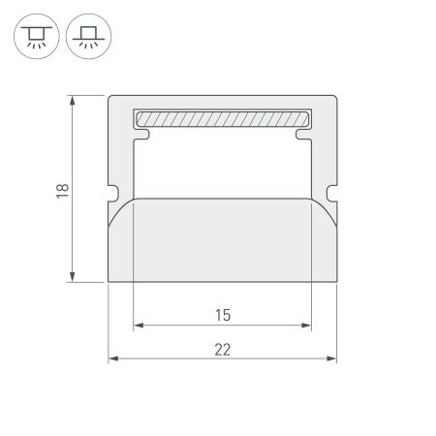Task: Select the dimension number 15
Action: (x=222, y=313)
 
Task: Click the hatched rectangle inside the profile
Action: (x=222, y=118)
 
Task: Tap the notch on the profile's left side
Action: (x=112, y=189)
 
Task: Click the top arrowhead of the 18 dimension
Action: (x=74, y=100)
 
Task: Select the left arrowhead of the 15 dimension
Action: (x=138, y=325)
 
